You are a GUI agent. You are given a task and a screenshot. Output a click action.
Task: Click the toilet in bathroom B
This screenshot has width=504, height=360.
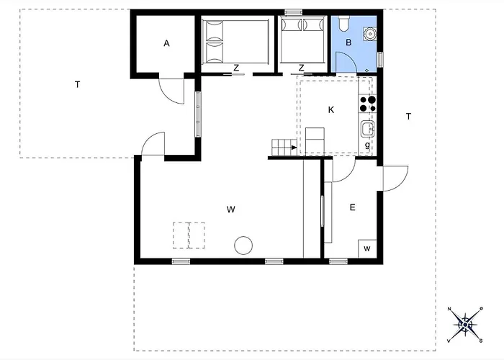[x=343, y=23]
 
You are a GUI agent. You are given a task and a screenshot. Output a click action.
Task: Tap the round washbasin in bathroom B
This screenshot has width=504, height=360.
[x=369, y=33]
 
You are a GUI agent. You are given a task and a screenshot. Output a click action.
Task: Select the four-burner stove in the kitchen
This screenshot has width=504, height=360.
[x=367, y=104]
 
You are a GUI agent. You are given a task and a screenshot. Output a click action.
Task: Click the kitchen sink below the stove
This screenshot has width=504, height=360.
[x=366, y=129]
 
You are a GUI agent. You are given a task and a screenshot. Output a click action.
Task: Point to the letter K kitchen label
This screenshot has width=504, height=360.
[x=331, y=110]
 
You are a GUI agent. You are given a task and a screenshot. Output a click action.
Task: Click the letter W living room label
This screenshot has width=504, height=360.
[x=231, y=210]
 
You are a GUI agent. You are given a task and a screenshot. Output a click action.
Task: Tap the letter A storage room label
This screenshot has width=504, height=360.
[x=166, y=43]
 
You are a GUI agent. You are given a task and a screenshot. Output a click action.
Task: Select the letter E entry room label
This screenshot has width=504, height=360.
[x=352, y=207]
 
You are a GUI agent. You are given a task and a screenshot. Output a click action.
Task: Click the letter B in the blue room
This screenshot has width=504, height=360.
[x=348, y=42]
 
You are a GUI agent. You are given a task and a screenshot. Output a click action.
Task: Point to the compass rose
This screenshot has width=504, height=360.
[x=465, y=325]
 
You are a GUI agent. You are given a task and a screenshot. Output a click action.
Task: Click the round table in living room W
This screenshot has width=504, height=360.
[x=243, y=246]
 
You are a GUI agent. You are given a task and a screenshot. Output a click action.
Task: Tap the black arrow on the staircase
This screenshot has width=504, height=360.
[x=294, y=148]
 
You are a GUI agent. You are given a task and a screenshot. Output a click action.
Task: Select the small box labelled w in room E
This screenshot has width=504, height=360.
[x=367, y=249]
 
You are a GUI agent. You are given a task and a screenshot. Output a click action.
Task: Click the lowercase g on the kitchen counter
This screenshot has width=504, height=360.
[x=367, y=145]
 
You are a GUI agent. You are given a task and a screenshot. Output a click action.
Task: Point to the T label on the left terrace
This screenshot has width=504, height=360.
[x=77, y=84]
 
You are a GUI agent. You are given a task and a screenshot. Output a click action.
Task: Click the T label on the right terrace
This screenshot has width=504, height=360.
[x=408, y=117]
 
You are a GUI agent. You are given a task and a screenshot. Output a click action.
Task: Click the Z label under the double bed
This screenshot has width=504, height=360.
[x=236, y=68]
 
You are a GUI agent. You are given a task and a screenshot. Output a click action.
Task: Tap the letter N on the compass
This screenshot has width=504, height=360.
[x=449, y=309]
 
